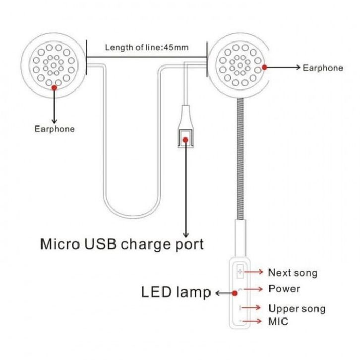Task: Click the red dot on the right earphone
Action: (x=265, y=67)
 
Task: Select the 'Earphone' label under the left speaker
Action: (x=55, y=129)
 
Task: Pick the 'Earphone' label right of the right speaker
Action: (x=322, y=68)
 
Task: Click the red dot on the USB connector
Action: (x=186, y=140)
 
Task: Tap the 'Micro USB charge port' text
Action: (x=121, y=244)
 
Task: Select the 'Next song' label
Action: (x=293, y=273)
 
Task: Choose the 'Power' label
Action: (x=284, y=288)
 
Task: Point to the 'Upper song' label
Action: (x=297, y=308)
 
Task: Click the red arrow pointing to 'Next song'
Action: (x=254, y=272)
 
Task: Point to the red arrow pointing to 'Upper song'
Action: (x=254, y=308)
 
